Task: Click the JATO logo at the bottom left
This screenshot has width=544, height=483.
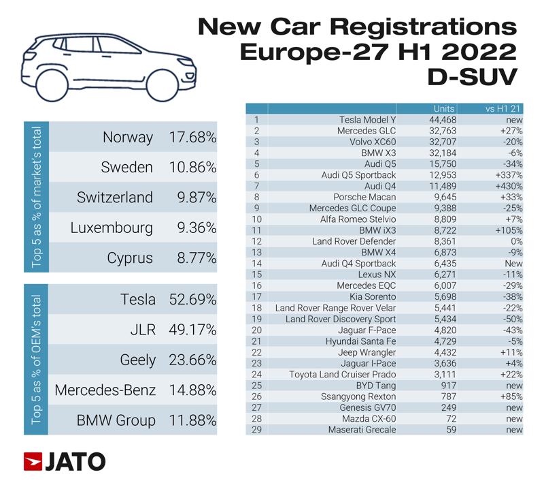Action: click(x=65, y=461)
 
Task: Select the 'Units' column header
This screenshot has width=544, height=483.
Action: click(x=443, y=108)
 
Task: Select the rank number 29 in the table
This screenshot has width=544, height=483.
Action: click(x=256, y=429)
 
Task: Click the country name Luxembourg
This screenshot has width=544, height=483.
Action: click(x=112, y=228)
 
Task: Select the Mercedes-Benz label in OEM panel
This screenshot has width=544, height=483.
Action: click(x=105, y=390)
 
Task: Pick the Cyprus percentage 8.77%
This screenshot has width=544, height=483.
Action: click(x=195, y=258)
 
